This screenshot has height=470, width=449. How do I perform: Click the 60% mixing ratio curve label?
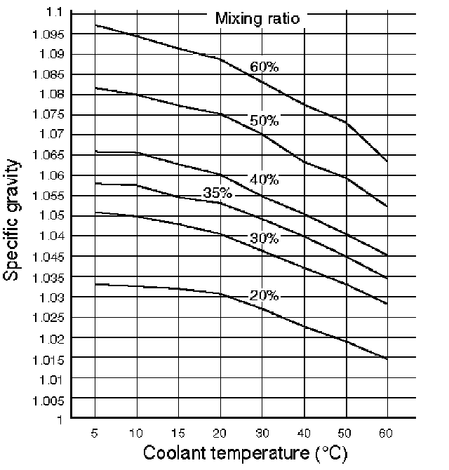click(264, 67)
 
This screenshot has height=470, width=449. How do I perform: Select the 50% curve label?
click(264, 121)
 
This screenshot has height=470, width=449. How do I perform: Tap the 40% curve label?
click(264, 180)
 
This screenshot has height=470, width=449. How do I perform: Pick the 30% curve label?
click(264, 239)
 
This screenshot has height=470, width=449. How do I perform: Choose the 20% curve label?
click(264, 295)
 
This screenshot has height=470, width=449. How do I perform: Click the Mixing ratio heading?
click(257, 18)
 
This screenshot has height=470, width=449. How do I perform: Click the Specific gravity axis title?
click(12, 220)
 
